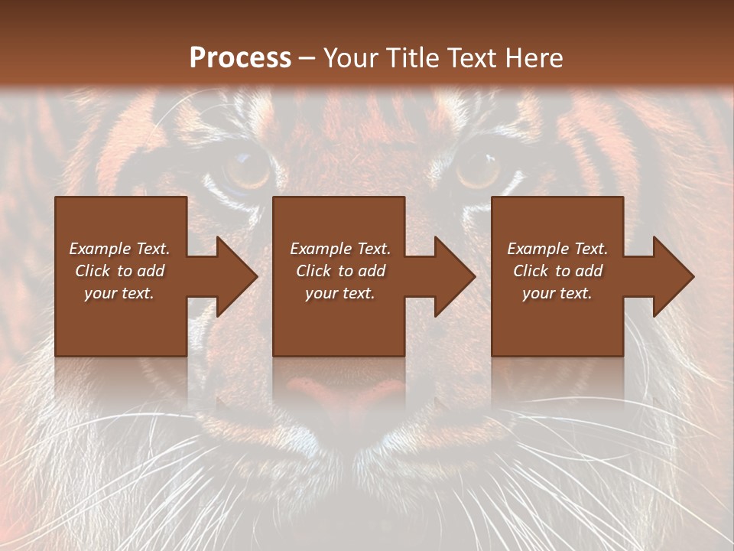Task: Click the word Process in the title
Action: pyautogui.click(x=240, y=58)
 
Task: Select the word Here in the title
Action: pyautogui.click(x=533, y=58)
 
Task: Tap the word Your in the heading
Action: pyautogui.click(x=352, y=58)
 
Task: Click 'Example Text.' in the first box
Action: pyautogui.click(x=119, y=249)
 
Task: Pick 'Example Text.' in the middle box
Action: pyautogui.click(x=340, y=249)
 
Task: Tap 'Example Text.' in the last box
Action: pyautogui.click(x=557, y=249)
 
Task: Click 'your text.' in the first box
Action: pyautogui.click(x=119, y=293)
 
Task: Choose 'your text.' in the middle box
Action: pyautogui.click(x=340, y=293)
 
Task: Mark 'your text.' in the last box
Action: pyautogui.click(x=557, y=293)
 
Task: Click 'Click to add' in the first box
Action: pyautogui.click(x=119, y=271)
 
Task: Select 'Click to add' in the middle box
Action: pyautogui.click(x=340, y=271)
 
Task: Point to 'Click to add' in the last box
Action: pyautogui.click(x=557, y=271)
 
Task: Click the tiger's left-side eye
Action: pyautogui.click(x=246, y=169)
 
